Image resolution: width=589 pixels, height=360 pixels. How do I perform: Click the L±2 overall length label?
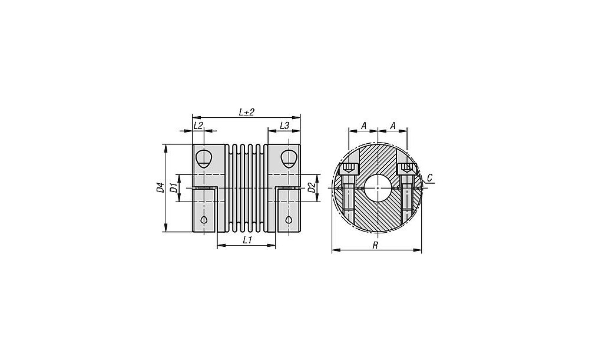coord(246,112)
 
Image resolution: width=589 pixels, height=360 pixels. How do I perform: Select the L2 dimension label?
coord(198,125)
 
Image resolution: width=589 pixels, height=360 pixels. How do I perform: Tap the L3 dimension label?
coord(284,125)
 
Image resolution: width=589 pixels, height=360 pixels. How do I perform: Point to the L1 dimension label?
coord(246,240)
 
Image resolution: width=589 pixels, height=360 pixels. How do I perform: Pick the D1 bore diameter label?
coord(173,188)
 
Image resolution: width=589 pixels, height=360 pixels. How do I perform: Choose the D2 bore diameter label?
coord(311,187)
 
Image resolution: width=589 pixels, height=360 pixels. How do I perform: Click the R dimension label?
coord(375,245)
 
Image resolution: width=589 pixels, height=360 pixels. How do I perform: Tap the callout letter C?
coord(430,177)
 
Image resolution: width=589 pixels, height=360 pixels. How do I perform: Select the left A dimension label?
coord(363,125)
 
